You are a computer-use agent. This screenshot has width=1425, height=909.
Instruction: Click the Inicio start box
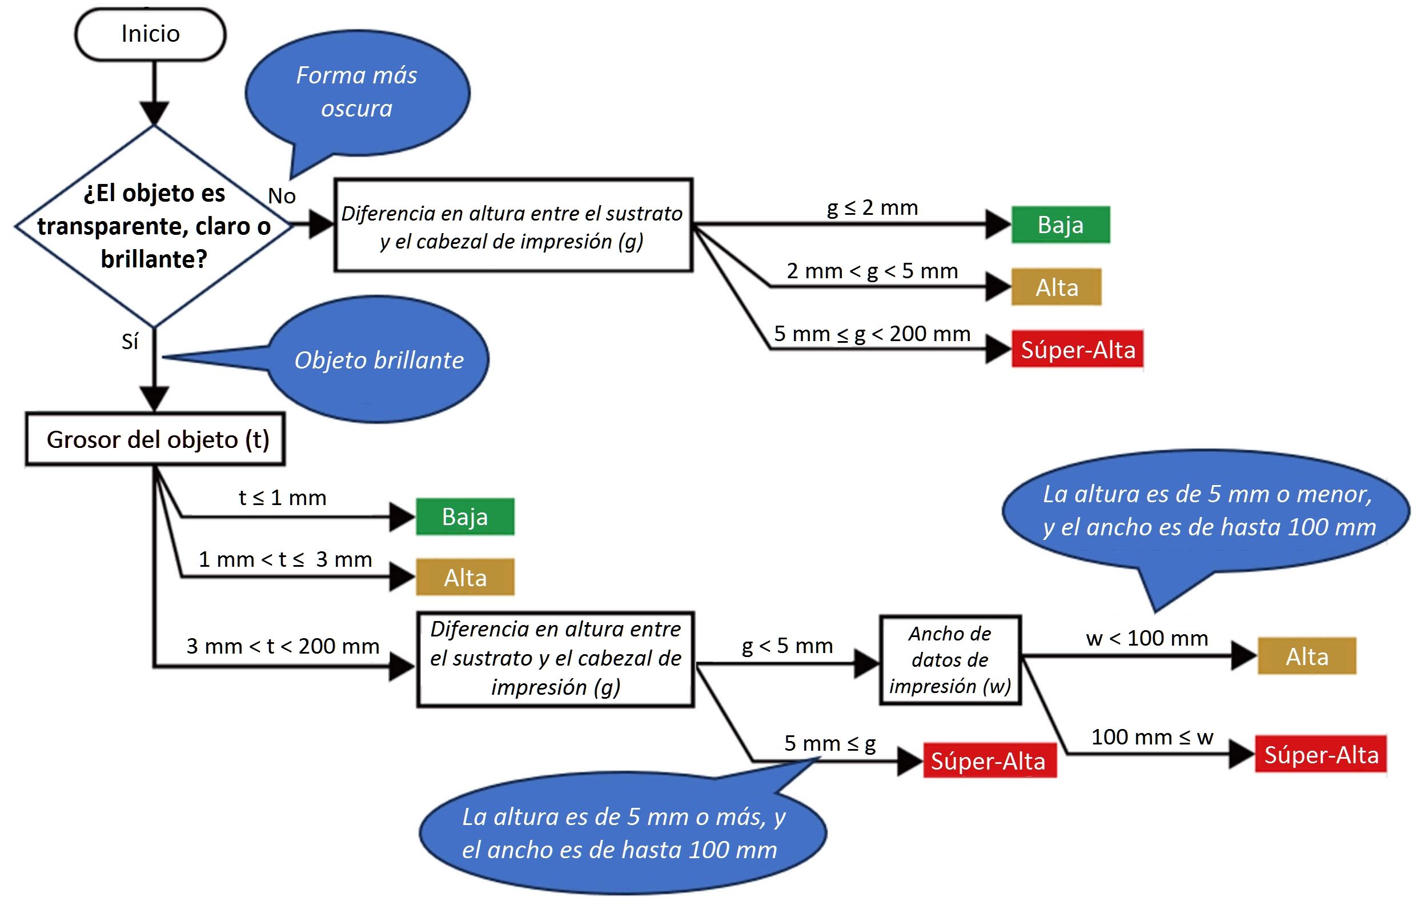click(x=150, y=34)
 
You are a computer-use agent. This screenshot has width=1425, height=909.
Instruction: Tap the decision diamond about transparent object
click(x=154, y=226)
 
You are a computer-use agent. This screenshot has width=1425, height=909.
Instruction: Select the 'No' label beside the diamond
click(x=282, y=196)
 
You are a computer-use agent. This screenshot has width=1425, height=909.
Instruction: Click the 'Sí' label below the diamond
click(x=130, y=342)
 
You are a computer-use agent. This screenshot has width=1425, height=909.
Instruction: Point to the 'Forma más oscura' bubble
click(x=358, y=93)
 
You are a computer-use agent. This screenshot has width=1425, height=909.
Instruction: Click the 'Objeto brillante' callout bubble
click(x=379, y=360)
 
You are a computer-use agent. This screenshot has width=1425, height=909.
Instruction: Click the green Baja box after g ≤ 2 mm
click(x=1061, y=225)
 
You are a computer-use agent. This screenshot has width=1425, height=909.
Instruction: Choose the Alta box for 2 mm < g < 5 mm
click(x=1056, y=287)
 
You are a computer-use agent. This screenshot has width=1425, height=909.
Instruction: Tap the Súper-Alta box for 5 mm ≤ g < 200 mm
click(x=1078, y=350)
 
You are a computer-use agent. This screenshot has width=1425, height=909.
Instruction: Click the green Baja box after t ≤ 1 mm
click(x=465, y=516)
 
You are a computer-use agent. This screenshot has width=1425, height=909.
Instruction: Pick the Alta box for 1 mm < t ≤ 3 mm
click(x=465, y=578)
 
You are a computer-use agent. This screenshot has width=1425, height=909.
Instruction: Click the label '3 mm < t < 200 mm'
click(x=283, y=646)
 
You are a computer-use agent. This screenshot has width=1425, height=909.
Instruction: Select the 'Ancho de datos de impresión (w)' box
click(x=950, y=660)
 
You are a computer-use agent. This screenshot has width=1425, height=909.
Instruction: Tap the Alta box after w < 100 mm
click(x=1307, y=656)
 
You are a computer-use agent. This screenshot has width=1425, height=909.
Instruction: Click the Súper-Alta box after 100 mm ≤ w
click(x=1321, y=755)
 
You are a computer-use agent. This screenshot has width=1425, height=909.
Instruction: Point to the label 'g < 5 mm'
click(x=788, y=646)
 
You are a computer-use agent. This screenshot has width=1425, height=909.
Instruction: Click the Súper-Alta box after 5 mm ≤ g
click(x=989, y=761)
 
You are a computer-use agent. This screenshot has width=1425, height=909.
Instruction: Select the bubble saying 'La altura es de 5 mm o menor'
click(x=1207, y=511)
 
